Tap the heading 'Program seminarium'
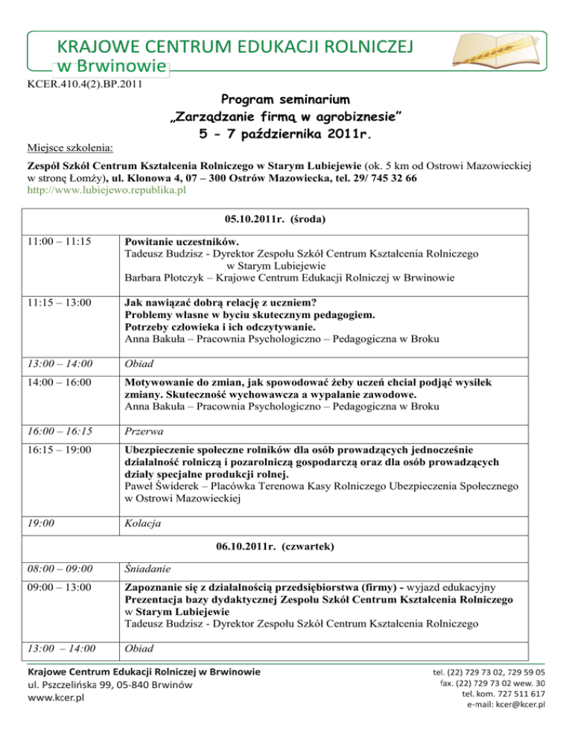(x=286, y=99)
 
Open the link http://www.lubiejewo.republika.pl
(x=106, y=191)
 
